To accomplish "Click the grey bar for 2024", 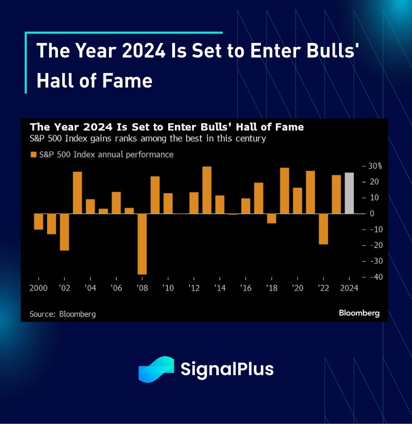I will tap(349, 193).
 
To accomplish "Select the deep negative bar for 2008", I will tap(142, 244).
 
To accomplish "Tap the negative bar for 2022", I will tap(323, 229).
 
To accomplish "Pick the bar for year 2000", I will tap(39, 221).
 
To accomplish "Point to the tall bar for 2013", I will tap(207, 190).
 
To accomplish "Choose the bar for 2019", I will tap(285, 191).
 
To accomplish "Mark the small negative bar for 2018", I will tap(272, 218).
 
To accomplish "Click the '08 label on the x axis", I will tap(142, 288).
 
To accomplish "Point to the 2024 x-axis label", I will tap(349, 288).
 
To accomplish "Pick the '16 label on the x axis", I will tap(245, 288).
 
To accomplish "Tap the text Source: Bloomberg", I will tap(63, 314).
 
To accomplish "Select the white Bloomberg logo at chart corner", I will tap(359, 313).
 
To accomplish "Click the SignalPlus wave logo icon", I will tap(156, 369).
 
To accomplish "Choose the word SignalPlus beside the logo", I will tap(227, 369).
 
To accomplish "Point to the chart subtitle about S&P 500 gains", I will tap(148, 139).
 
